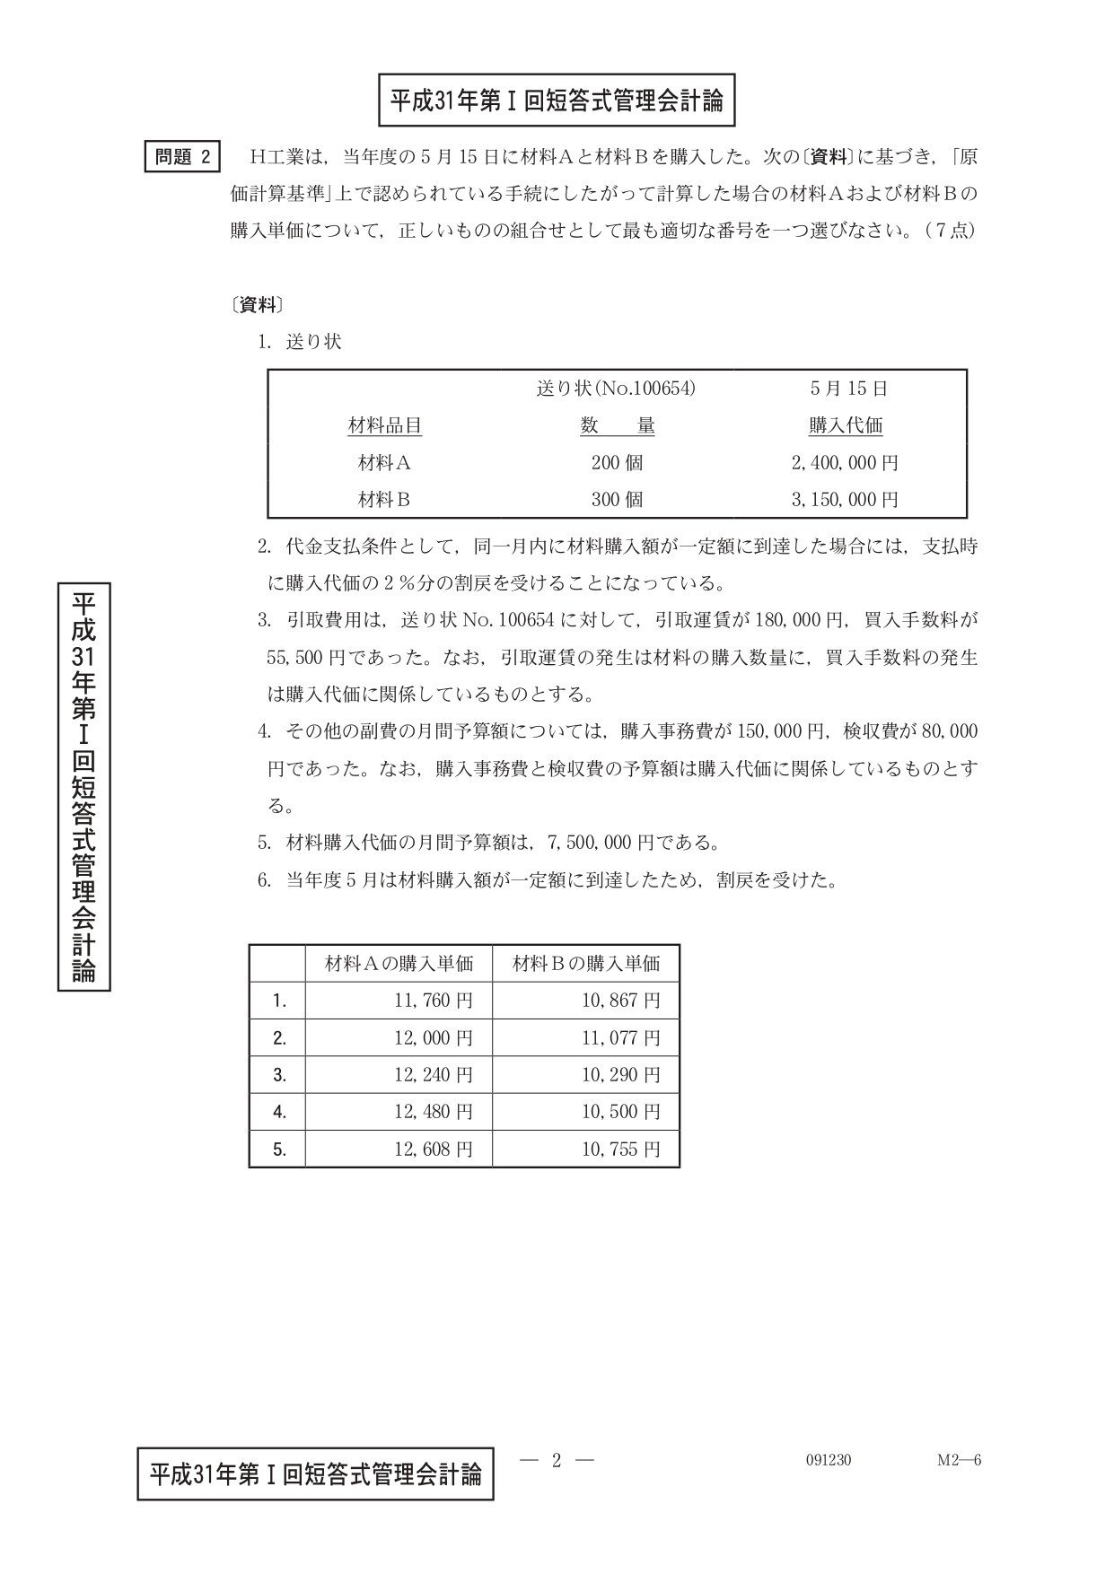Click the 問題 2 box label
pyautogui.click(x=183, y=156)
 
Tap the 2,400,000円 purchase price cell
pyautogui.click(x=845, y=463)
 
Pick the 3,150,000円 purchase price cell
pyautogui.click(x=845, y=500)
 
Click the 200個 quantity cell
pyautogui.click(x=617, y=463)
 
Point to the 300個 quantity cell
pyautogui.click(x=617, y=500)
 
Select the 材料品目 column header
pyautogui.click(x=384, y=426)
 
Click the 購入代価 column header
pyautogui.click(x=846, y=426)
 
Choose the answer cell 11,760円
pyautogui.click(x=434, y=1001)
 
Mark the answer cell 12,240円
pyautogui.click(x=434, y=1075)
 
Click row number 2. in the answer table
pyautogui.click(x=279, y=1038)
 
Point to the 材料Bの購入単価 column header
pyautogui.click(x=586, y=964)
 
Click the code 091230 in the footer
pyautogui.click(x=829, y=1460)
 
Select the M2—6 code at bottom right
pyautogui.click(x=960, y=1460)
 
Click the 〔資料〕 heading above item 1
pyautogui.click(x=258, y=305)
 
